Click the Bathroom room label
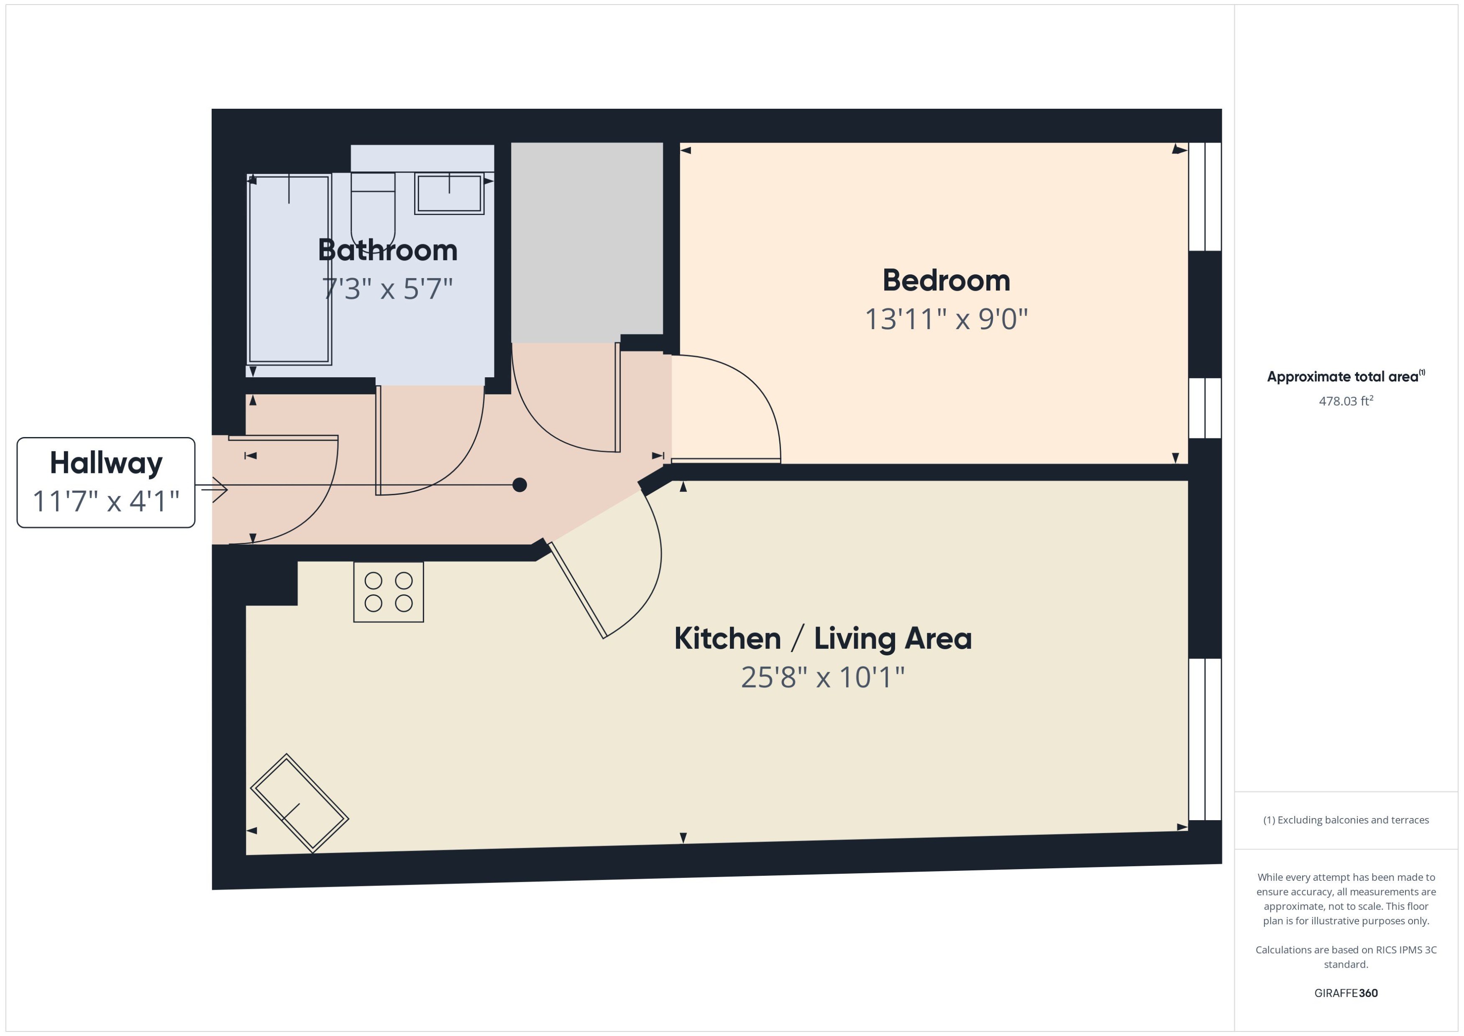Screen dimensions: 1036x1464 pyautogui.click(x=387, y=250)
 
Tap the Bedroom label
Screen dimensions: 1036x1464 pyautogui.click(x=946, y=281)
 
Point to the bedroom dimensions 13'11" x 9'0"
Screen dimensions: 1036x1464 pyautogui.click(x=946, y=319)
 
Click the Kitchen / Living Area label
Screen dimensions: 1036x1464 pyautogui.click(x=822, y=639)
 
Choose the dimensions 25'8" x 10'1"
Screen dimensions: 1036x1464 pyautogui.click(x=822, y=677)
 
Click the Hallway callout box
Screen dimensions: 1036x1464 pyautogui.click(x=106, y=482)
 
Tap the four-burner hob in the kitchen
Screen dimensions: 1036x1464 pyautogui.click(x=389, y=592)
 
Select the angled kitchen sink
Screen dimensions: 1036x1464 pyautogui.click(x=299, y=803)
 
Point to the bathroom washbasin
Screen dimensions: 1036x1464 pyautogui.click(x=449, y=193)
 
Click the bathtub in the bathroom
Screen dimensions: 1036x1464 pyautogui.click(x=289, y=269)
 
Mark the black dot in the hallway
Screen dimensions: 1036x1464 pyautogui.click(x=520, y=485)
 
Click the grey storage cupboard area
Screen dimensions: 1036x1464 pyautogui.click(x=586, y=243)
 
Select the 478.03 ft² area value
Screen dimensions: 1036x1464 pyautogui.click(x=1345, y=401)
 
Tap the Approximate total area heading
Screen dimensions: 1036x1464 pyautogui.click(x=1345, y=376)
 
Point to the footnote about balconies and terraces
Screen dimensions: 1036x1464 pyautogui.click(x=1345, y=820)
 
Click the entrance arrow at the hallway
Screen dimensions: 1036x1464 pyautogui.click(x=215, y=489)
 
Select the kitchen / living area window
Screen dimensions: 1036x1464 pyautogui.click(x=1204, y=739)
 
